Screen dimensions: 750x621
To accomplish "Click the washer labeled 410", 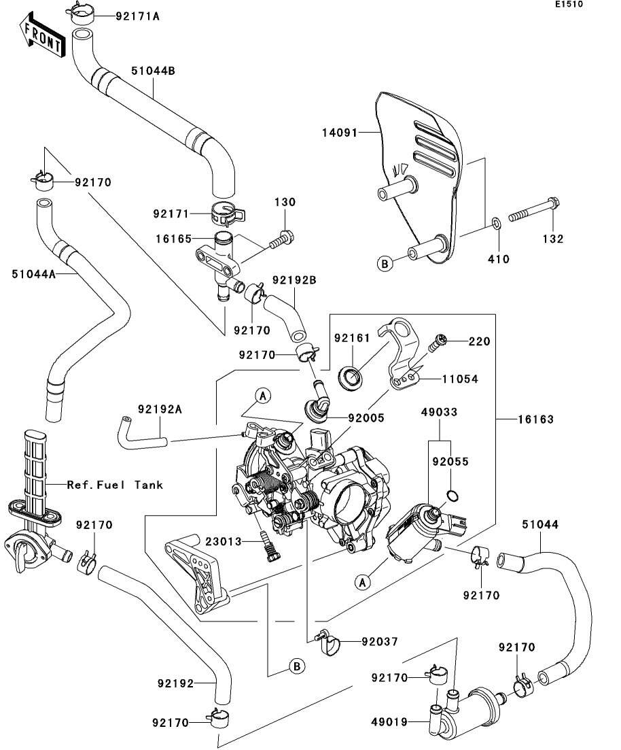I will (x=497, y=222).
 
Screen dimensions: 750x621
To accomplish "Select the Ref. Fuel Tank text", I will (x=115, y=485).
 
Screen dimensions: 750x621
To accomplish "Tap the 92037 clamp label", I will (x=379, y=641).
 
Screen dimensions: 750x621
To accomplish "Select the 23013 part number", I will (x=224, y=541).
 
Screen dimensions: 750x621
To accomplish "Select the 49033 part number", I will (x=438, y=412).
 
